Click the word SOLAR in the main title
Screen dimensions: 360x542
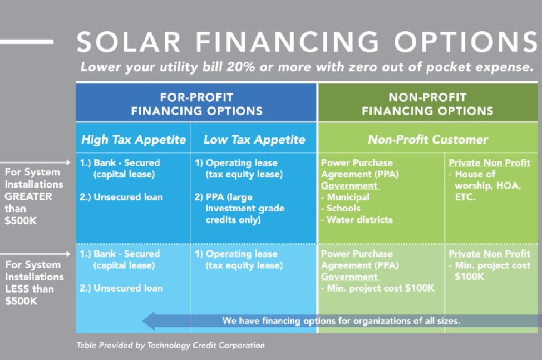tap(129, 43)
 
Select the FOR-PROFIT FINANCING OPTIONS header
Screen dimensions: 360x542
tap(196, 104)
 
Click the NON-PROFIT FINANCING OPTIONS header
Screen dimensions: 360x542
tap(427, 104)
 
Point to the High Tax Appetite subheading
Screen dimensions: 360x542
tap(134, 140)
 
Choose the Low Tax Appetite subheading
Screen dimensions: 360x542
tap(254, 140)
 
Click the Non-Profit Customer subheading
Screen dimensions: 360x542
tap(427, 140)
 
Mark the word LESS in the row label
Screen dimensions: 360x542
tap(17, 289)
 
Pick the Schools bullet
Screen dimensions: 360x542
tap(343, 208)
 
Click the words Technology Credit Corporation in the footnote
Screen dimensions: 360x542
tap(206, 346)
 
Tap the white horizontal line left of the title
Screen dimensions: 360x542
tap(27, 42)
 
